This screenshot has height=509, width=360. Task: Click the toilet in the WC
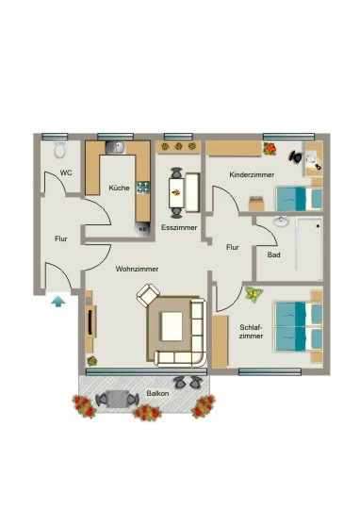coord(60,149)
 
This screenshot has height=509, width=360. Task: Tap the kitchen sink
coord(115,148)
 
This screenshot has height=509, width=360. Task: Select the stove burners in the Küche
coord(143,188)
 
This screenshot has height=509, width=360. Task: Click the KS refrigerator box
coord(142,229)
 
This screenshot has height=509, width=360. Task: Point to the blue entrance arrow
coord(58,302)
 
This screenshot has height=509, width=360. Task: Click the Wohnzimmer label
coord(137,269)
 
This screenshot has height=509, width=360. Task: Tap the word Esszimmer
coord(179,227)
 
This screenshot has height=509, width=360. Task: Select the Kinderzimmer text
coord(252,174)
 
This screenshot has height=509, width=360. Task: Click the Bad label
coord(273,254)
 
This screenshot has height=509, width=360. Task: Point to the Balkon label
coord(157,393)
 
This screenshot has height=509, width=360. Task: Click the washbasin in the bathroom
coord(281,222)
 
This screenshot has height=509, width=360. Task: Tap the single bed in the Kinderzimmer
coord(299,198)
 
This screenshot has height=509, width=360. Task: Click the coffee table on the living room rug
coord(172,326)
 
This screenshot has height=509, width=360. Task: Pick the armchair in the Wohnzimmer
coord(148,295)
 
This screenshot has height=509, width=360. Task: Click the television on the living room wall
coord(90,322)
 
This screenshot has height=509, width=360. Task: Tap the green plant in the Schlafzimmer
coord(254,294)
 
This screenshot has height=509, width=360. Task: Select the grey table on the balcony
coord(117,399)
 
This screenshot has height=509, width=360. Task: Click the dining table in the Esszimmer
coord(176,193)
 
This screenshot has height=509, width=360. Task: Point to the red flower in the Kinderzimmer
coord(270,149)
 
